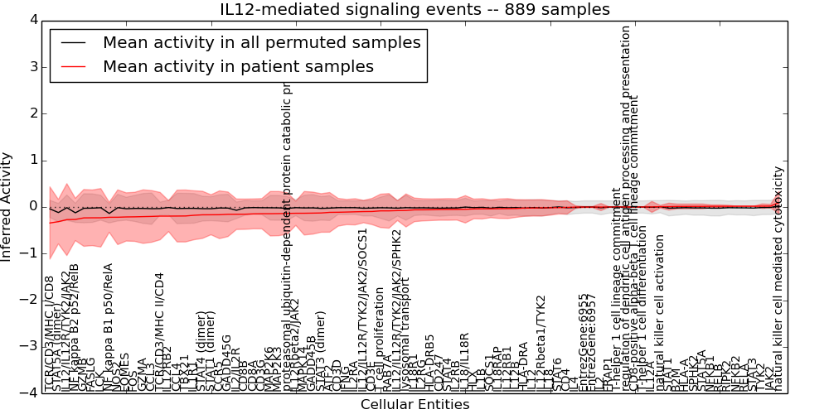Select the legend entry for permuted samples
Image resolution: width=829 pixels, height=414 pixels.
(261, 42)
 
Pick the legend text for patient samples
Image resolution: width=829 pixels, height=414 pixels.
(238, 66)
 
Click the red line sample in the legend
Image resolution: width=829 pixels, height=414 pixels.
(72, 67)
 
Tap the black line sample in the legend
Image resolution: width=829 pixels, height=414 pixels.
(72, 43)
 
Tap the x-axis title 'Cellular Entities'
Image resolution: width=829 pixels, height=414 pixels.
(414, 405)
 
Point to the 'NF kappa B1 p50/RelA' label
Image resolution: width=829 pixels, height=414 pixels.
(108, 327)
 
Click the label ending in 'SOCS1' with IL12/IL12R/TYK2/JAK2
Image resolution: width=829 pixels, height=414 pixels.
(362, 308)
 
